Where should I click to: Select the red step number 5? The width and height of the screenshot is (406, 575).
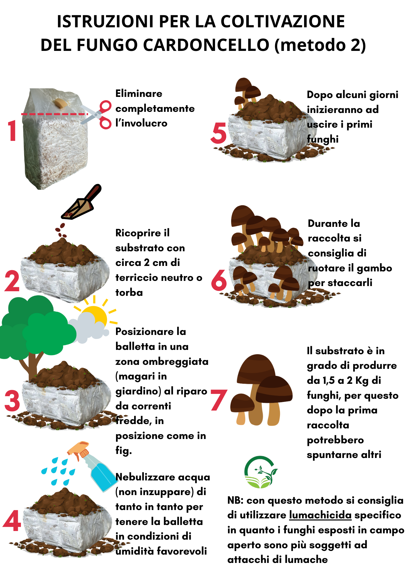[x=219, y=133]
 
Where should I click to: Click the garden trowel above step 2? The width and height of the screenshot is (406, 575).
[x=81, y=202]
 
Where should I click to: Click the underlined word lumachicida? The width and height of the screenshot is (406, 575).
[x=320, y=515]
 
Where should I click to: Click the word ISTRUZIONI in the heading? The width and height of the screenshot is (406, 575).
[x=105, y=22]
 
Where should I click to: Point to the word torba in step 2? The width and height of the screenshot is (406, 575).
[x=129, y=292]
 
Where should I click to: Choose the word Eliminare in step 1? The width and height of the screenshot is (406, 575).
[x=139, y=93]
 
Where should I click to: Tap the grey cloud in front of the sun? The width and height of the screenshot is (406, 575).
[x=88, y=328]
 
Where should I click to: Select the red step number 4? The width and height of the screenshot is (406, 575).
[x=12, y=521]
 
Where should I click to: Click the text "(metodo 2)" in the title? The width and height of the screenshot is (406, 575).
[x=320, y=45]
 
